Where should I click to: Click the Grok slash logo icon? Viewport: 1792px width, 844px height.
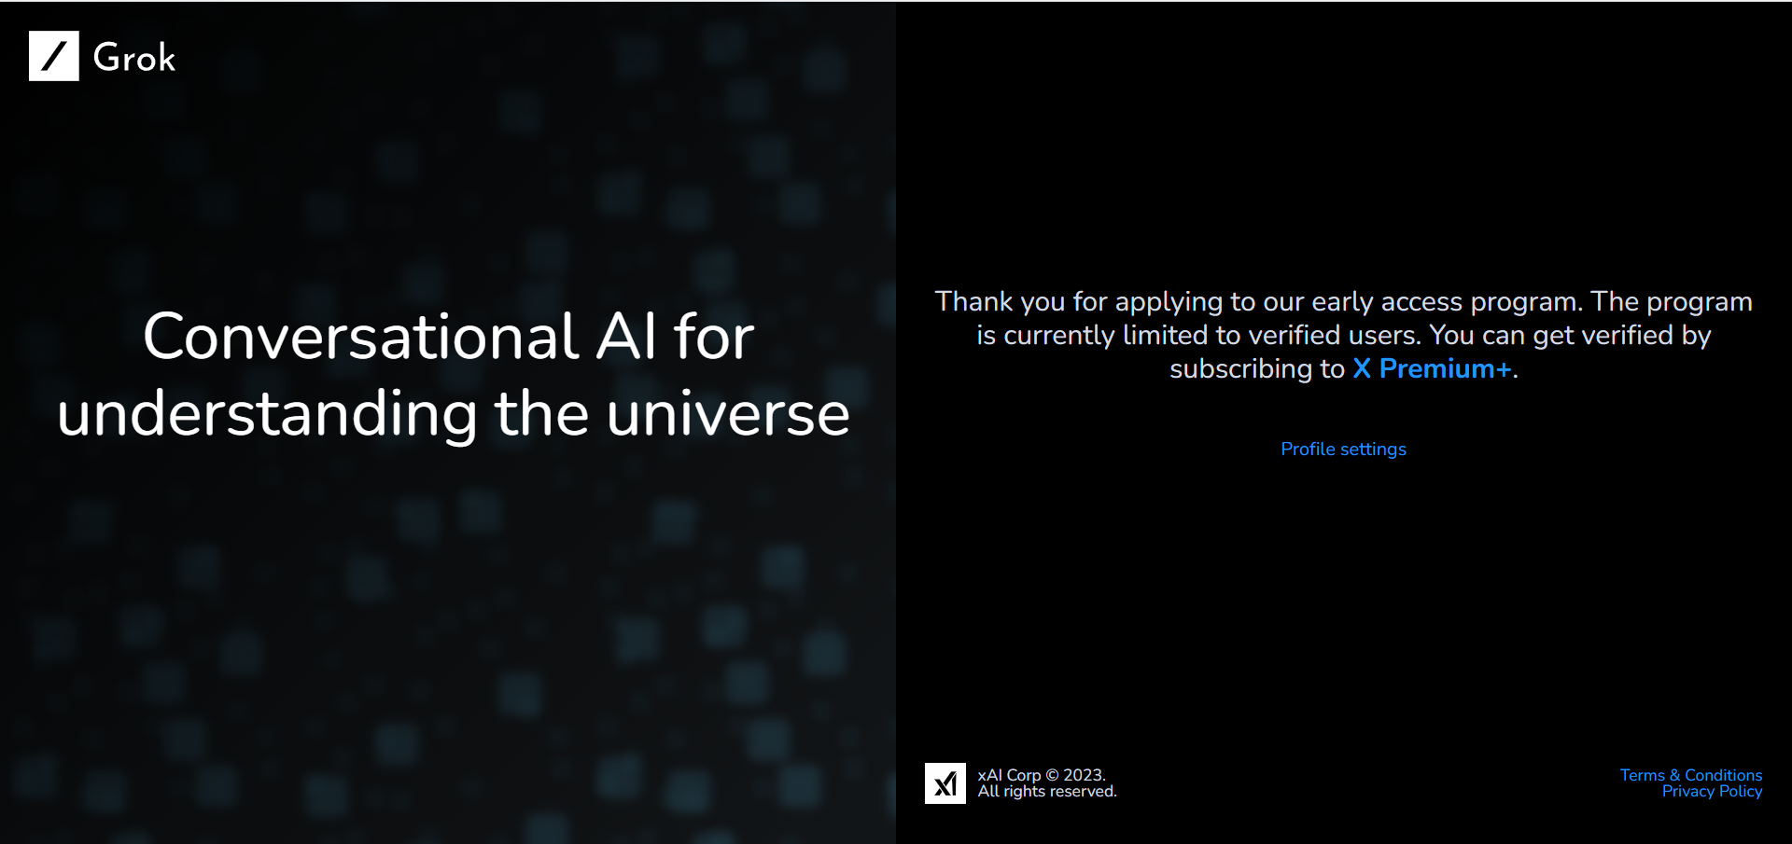pos(54,56)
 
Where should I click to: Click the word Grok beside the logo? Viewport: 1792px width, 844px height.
pos(134,58)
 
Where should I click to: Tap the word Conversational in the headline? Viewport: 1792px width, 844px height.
pos(361,336)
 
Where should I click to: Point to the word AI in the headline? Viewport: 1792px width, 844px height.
pos(627,336)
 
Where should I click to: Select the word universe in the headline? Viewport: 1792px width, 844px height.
pos(728,414)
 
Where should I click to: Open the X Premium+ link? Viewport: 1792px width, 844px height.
pos(1432,369)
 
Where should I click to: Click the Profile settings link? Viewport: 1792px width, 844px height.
pos(1343,450)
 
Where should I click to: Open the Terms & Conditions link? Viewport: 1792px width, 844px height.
pos(1691,775)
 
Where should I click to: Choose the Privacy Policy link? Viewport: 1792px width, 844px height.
pos(1712,791)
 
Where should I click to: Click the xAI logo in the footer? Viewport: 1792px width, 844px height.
pos(945,783)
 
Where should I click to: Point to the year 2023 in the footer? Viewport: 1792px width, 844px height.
pos(1084,775)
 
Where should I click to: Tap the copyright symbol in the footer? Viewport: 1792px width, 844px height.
pos(1052,775)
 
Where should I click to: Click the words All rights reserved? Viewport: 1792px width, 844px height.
pos(1047,791)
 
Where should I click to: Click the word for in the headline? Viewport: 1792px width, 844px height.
pos(713,336)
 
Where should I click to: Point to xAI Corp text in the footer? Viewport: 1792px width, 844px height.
pos(1009,775)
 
